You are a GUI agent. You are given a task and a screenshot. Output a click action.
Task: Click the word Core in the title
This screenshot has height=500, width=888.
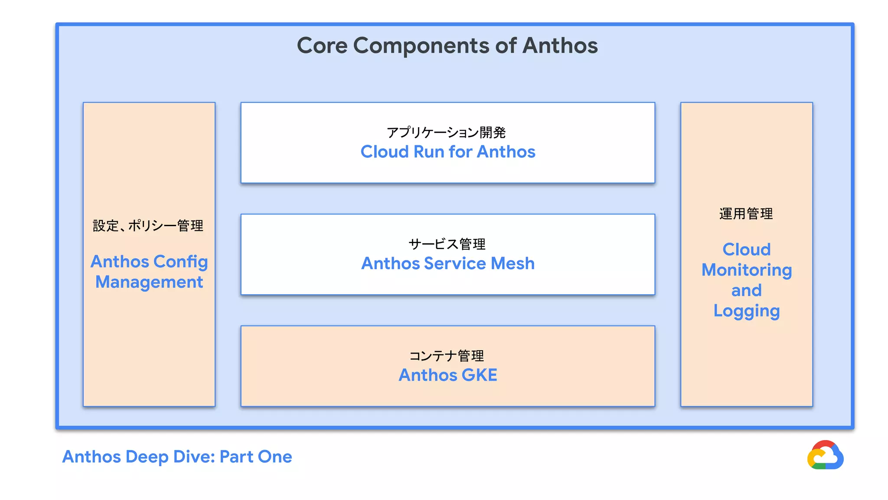click(322, 46)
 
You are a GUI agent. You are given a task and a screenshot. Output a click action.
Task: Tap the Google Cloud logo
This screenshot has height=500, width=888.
click(825, 455)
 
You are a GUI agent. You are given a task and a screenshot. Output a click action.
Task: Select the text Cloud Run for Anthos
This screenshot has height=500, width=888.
click(448, 152)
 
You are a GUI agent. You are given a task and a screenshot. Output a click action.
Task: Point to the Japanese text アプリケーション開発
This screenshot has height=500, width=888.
click(446, 132)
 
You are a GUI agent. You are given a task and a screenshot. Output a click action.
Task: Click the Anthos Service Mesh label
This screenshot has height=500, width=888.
click(448, 263)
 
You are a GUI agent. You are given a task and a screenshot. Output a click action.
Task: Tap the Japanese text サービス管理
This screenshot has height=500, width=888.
click(447, 244)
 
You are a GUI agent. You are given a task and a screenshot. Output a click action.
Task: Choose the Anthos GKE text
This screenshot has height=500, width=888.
click(448, 375)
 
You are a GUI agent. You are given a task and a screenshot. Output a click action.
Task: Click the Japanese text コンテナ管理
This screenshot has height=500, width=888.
click(447, 356)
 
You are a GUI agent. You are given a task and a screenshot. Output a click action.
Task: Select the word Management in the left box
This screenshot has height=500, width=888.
click(149, 282)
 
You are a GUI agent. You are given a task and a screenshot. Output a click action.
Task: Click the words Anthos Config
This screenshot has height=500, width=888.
click(149, 262)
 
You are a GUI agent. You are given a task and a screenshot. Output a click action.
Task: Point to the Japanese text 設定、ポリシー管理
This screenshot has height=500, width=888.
click(148, 226)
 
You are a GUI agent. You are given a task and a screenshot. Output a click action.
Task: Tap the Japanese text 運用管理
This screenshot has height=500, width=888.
click(746, 214)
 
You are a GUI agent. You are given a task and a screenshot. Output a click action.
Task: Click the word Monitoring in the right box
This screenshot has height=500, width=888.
click(747, 270)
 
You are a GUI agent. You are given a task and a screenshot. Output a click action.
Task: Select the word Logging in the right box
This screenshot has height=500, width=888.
click(747, 311)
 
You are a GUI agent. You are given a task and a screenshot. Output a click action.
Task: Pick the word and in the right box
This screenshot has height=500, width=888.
click(746, 290)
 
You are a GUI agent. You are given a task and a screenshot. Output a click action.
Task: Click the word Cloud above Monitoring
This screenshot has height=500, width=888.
click(747, 250)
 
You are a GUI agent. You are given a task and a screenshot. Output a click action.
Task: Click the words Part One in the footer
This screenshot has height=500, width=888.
click(256, 457)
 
